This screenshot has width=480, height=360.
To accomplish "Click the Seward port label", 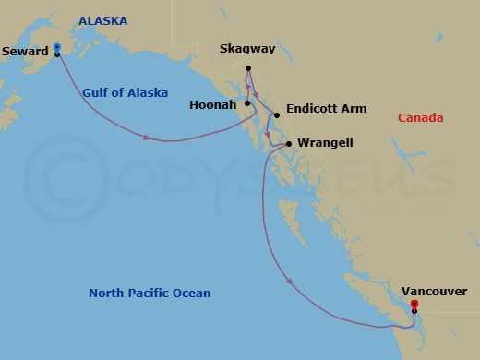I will pyautogui.click(x=26, y=53).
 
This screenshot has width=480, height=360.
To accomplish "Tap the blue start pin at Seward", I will pyautogui.click(x=57, y=47).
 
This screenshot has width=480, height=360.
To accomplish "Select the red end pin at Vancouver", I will pyautogui.click(x=414, y=305).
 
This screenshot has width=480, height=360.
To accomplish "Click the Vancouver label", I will pyautogui.click(x=435, y=292).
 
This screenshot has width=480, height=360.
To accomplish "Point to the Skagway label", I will pyautogui.click(x=248, y=52).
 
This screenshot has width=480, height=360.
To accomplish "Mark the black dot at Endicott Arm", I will pyautogui.click(x=276, y=115).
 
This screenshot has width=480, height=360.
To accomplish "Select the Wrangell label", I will pyautogui.click(x=324, y=144).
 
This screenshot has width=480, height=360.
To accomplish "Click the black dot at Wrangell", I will pyautogui.click(x=289, y=144).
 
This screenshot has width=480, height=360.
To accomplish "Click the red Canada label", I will pyautogui.click(x=420, y=118).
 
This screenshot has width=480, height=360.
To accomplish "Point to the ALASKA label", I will pyautogui.click(x=103, y=20).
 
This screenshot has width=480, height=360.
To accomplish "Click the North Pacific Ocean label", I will pyautogui.click(x=150, y=294).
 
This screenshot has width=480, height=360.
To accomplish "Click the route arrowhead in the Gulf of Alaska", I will pyautogui.click(x=148, y=138).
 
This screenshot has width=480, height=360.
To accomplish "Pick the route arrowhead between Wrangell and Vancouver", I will pyautogui.click(x=290, y=282).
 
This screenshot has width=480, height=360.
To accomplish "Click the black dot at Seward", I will pyautogui.click(x=57, y=54).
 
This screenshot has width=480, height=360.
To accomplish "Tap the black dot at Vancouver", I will pyautogui.click(x=414, y=311).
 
